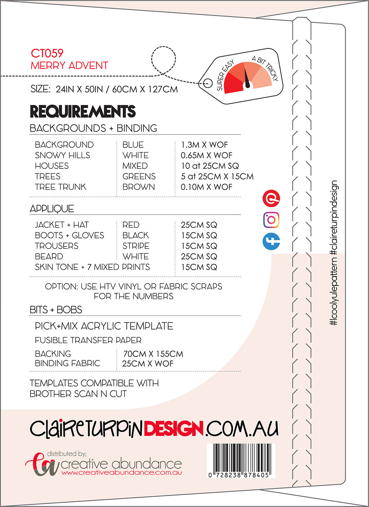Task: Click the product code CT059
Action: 47,53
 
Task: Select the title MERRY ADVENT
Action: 69,66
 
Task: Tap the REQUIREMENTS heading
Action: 83,112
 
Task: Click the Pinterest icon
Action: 271,199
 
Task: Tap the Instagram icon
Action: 271,220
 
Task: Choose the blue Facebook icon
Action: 271,241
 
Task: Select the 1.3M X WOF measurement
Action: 204,145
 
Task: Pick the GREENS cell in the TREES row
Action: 139,176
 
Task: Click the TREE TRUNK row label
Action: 60,187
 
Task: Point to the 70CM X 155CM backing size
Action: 153,354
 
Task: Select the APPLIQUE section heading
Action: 52,209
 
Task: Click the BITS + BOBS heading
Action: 56,310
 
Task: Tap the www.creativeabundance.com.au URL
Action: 122,473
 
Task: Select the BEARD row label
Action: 49,256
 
